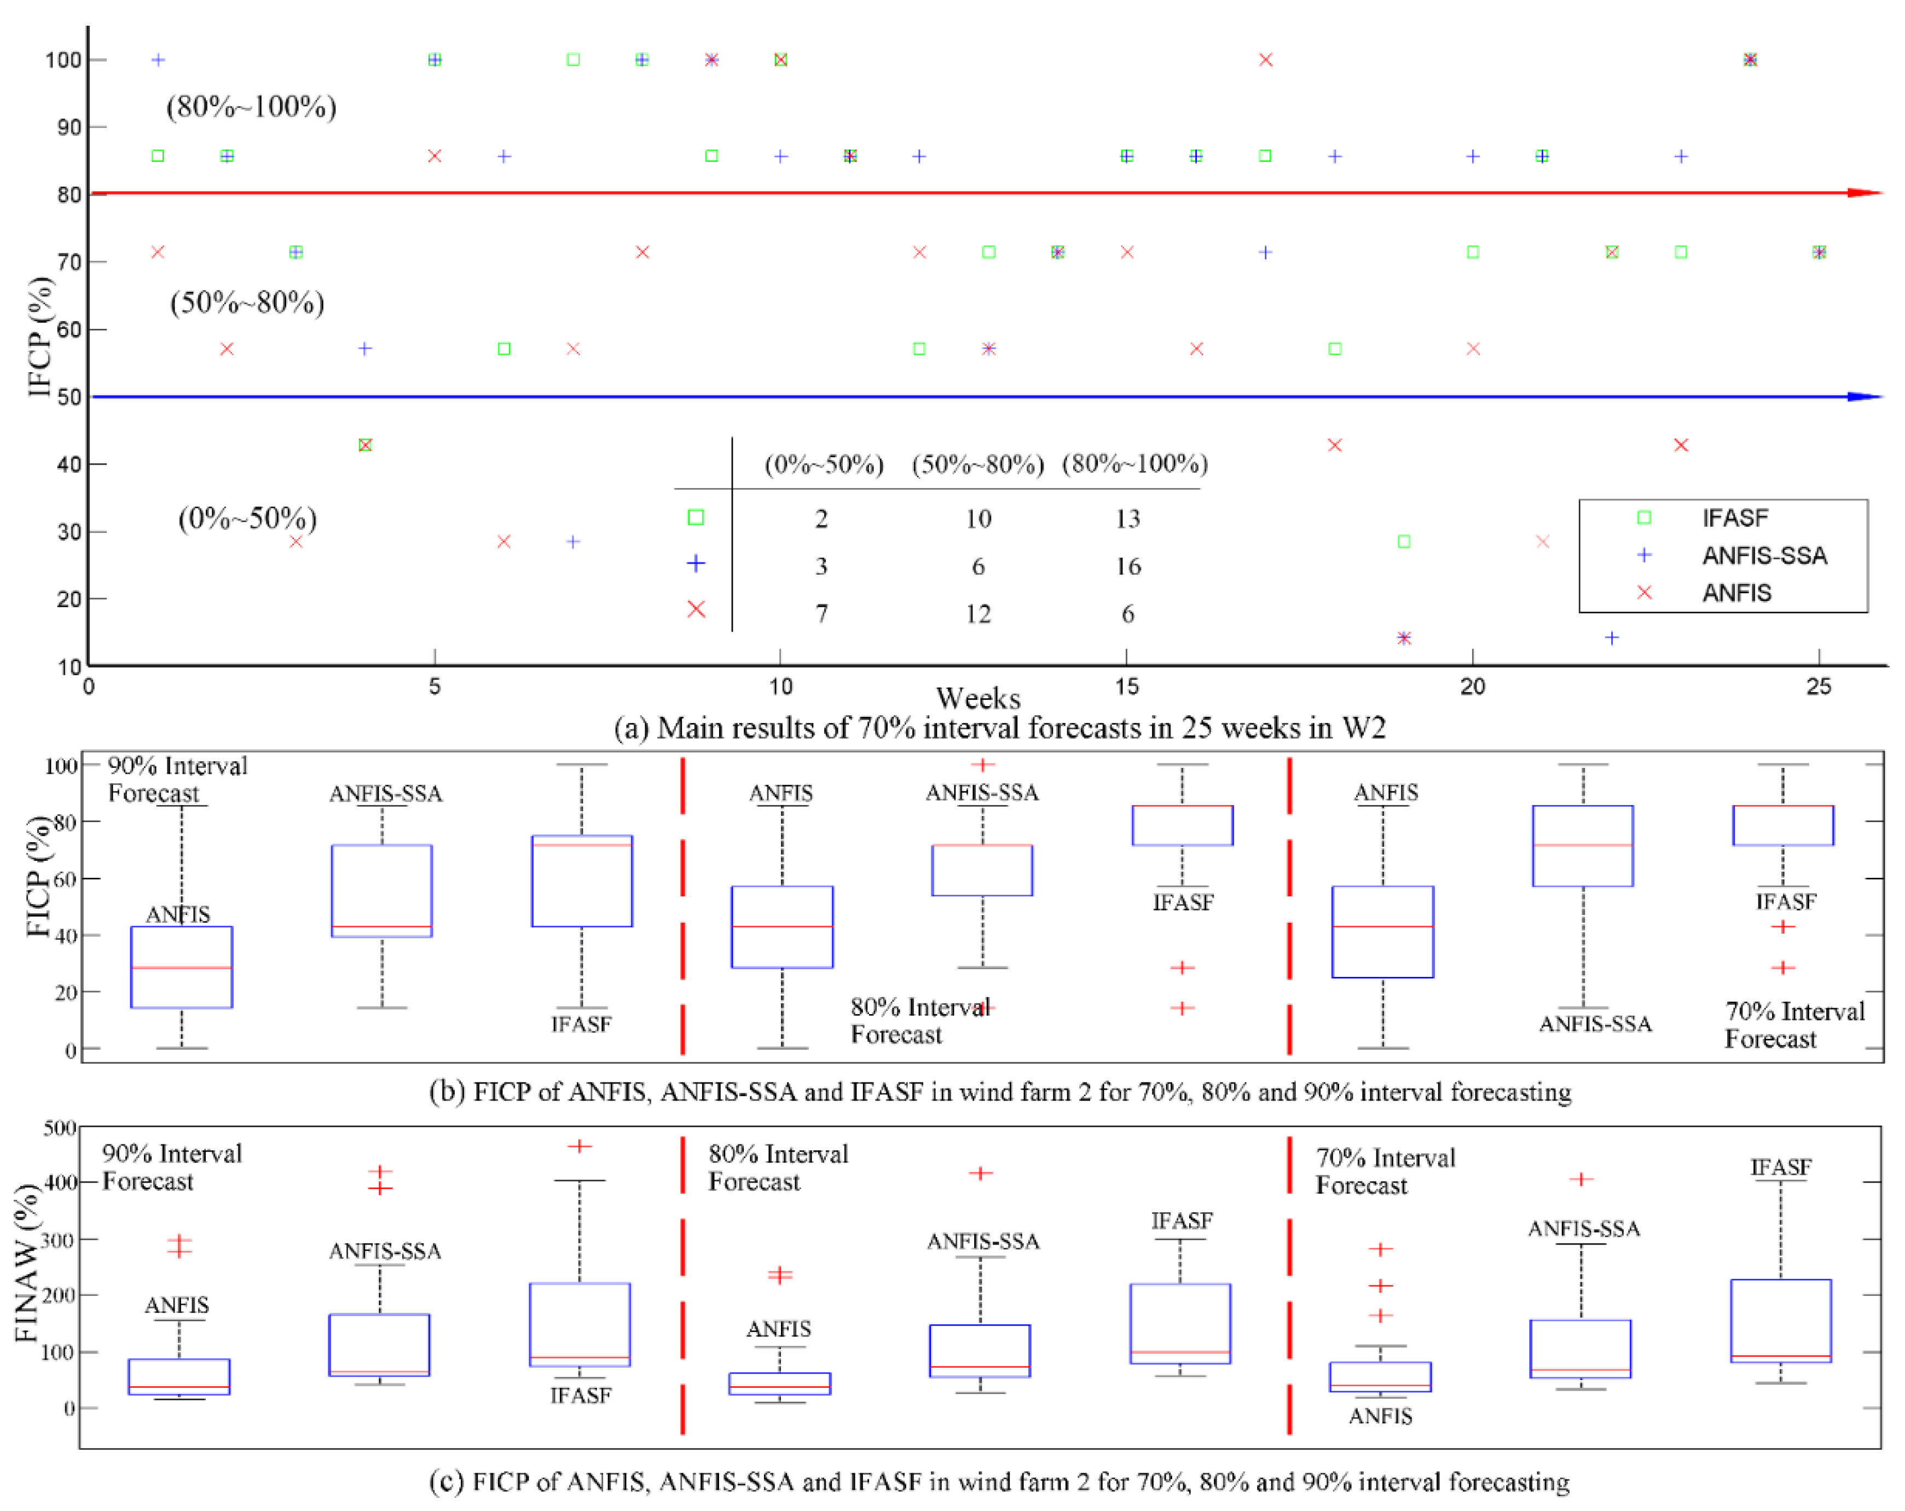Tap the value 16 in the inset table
pos(1127,566)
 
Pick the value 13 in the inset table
pos(1127,519)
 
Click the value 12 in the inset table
pos(977,614)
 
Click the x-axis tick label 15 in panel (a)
pos(1127,687)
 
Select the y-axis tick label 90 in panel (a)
pos(69,128)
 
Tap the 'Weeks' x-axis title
pos(978,699)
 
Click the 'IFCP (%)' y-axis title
pos(40,337)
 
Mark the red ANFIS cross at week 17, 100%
pos(1265,60)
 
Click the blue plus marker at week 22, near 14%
pos(1612,638)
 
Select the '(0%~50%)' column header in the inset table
pos(824,465)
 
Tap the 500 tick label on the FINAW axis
pos(60,1128)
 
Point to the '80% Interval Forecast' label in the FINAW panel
pos(778,1167)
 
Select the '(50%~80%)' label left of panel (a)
pos(247,303)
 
